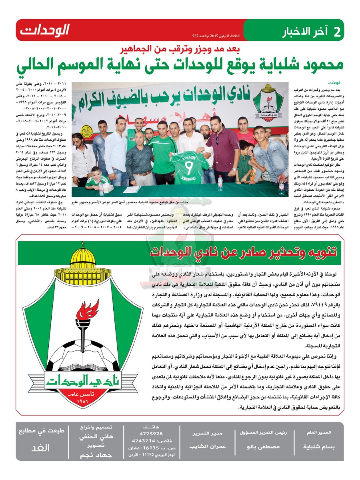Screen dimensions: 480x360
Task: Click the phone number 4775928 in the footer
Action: (x=149, y=434)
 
